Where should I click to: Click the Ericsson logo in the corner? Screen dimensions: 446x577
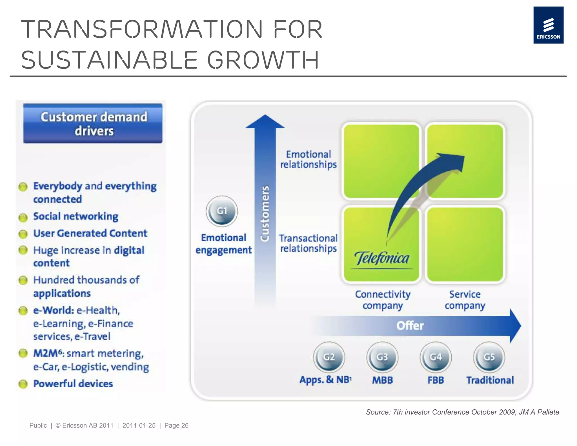(x=548, y=25)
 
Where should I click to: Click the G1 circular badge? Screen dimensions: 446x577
(x=222, y=211)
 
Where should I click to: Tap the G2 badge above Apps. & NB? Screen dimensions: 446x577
(x=329, y=357)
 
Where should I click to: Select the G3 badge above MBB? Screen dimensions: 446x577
(x=382, y=357)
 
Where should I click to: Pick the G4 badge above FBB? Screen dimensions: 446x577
(x=436, y=357)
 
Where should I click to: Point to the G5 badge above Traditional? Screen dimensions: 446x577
(x=489, y=357)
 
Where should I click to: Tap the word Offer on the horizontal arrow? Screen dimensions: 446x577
(x=410, y=326)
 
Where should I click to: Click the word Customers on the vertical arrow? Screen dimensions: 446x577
(x=265, y=213)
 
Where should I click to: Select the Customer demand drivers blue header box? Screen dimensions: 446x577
(x=93, y=123)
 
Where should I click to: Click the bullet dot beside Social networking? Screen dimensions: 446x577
(x=23, y=217)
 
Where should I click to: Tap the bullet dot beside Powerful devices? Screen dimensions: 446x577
(x=23, y=384)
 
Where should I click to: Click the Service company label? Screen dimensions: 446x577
(x=465, y=300)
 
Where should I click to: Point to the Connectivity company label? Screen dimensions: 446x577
(x=383, y=300)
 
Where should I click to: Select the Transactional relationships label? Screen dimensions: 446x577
(x=309, y=243)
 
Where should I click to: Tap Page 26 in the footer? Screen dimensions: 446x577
(x=176, y=425)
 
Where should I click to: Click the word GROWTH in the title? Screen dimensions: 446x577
(x=263, y=60)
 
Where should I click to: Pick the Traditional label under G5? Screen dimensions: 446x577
(x=490, y=380)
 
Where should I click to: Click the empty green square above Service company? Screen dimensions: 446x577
(x=465, y=244)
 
